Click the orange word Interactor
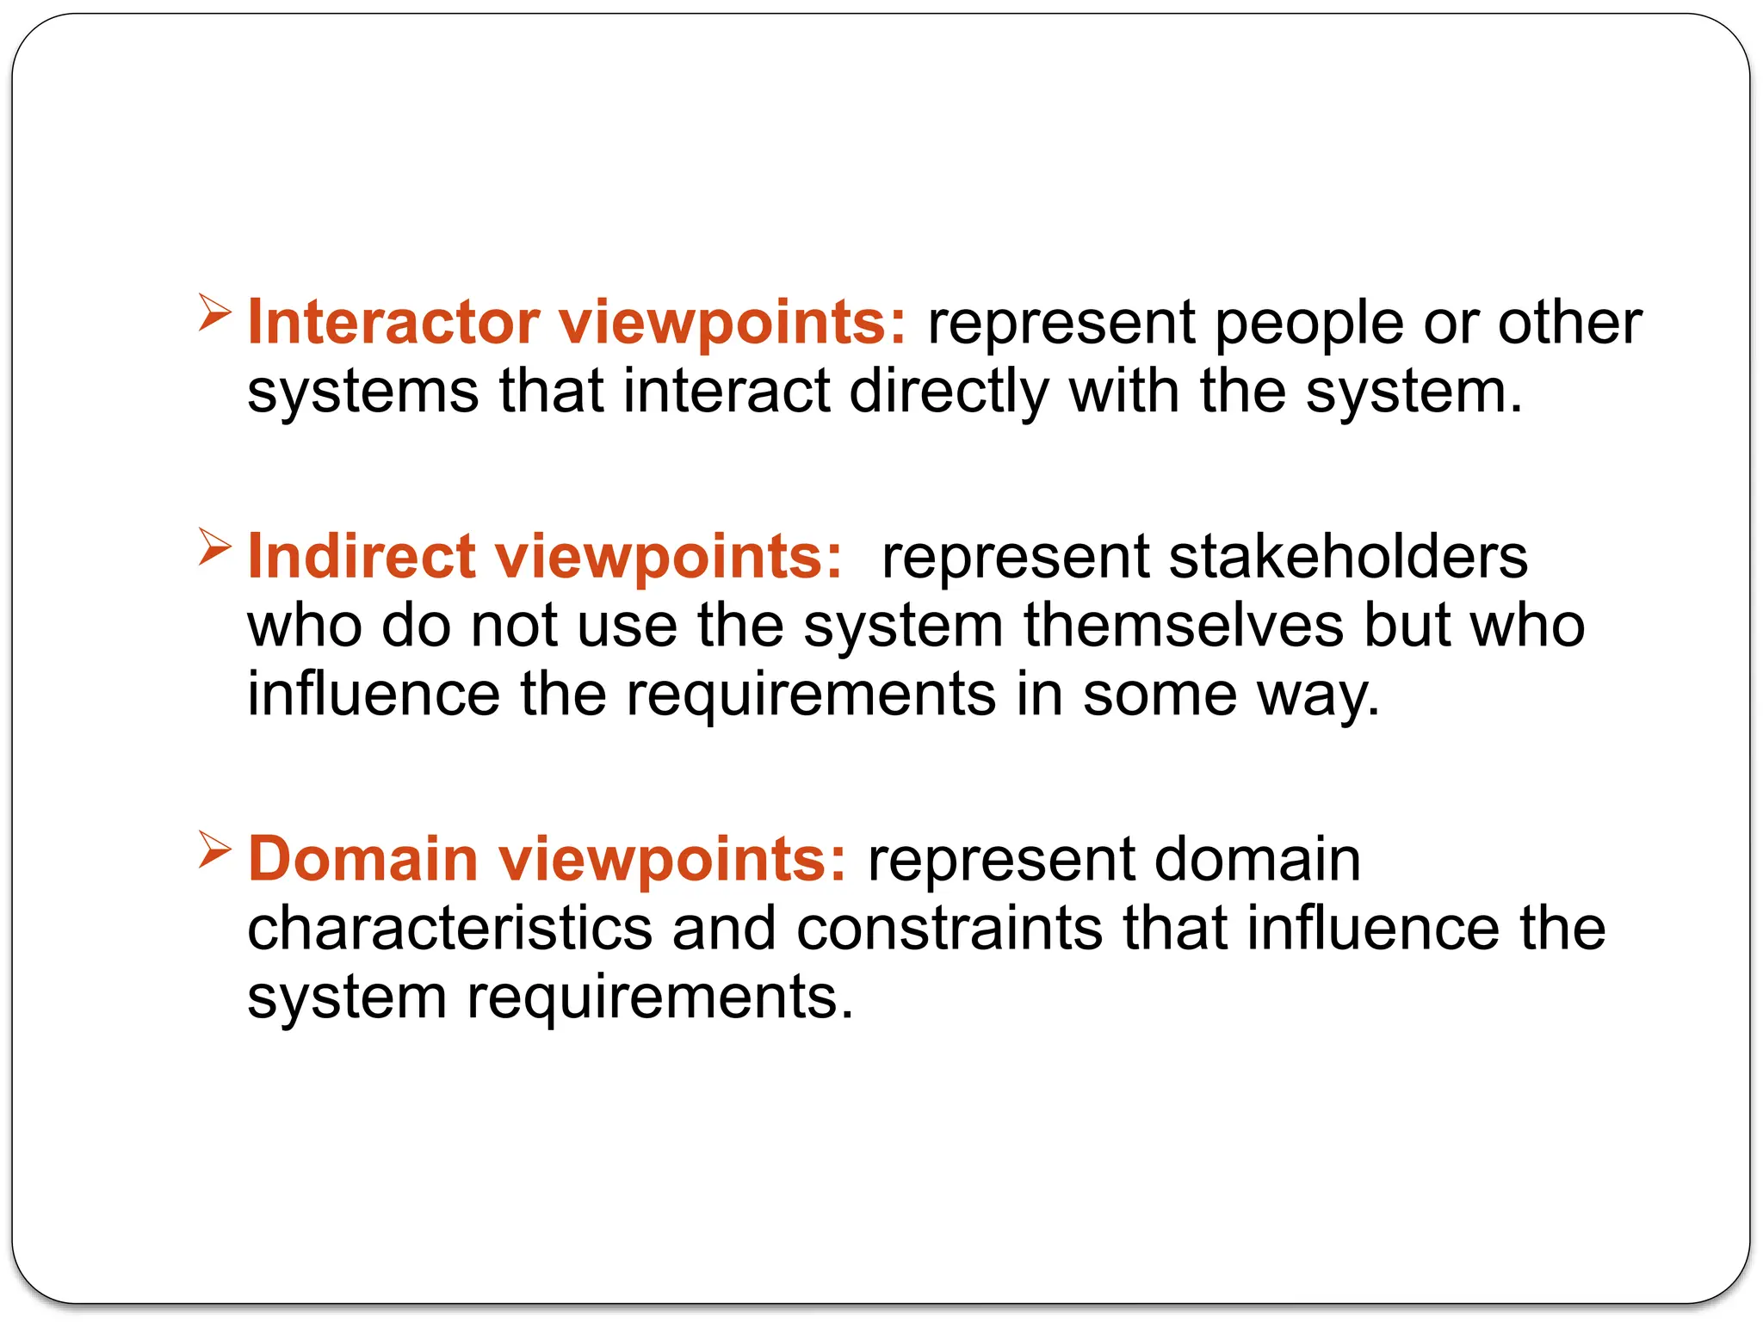[393, 323]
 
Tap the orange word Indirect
[361, 556]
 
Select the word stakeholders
[1348, 556]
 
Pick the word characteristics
[449, 929]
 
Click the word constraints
[949, 929]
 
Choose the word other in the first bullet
[1569, 323]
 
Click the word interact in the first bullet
[727, 392]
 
